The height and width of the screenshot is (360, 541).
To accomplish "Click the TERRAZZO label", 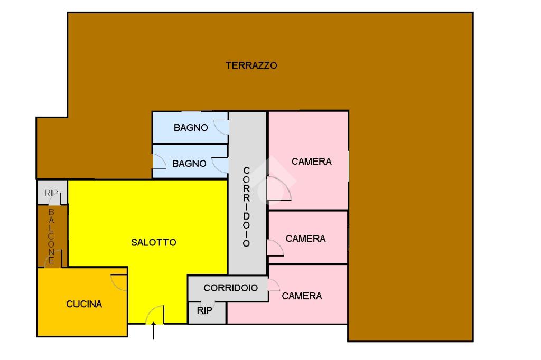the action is point(251,66).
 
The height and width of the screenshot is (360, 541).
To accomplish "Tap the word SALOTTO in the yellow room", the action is point(153,242).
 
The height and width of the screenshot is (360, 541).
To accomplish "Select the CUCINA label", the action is point(84,304).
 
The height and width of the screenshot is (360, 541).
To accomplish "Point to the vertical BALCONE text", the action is point(51,236).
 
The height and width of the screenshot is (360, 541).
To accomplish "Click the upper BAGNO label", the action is point(191,128).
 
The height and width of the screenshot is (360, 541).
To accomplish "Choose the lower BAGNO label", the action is point(189,164).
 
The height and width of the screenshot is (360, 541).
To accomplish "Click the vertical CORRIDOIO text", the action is point(246,207).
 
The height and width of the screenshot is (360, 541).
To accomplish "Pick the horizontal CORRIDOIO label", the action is point(231,288).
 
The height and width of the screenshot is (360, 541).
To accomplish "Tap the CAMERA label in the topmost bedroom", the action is point(311,162).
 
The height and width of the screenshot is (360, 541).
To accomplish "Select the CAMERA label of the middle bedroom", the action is point(305,239).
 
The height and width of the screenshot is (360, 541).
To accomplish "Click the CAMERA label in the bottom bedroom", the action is point(302,296).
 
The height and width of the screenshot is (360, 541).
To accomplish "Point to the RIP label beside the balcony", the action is point(51,193).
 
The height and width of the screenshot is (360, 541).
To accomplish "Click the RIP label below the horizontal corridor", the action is point(204,311).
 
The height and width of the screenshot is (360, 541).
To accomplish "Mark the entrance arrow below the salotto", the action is point(154,332).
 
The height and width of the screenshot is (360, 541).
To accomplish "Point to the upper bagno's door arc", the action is point(221,127).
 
